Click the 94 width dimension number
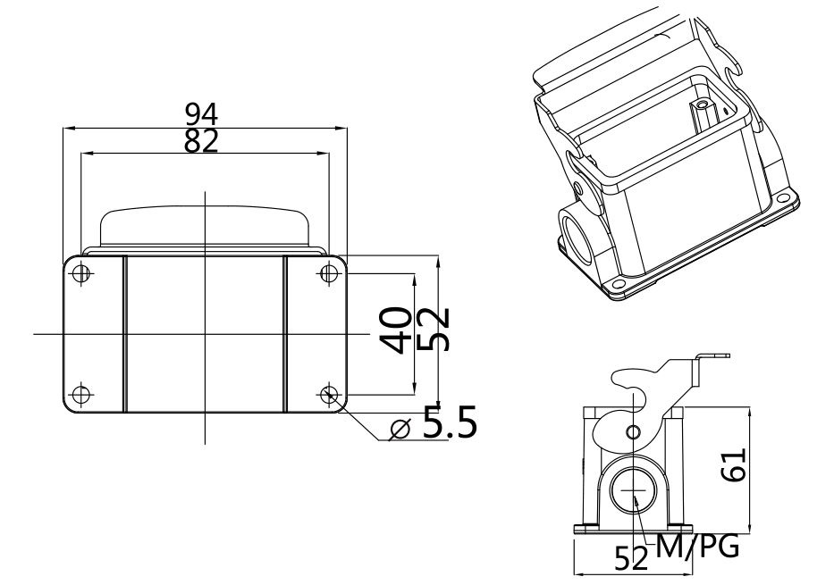pos(202,113)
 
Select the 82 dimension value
pos(202,140)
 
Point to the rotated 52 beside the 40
pos(433,330)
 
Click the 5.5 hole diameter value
pos(449,426)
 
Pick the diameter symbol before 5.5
pos(400,430)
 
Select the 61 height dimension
pos(734,464)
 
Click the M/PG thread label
pos(697,546)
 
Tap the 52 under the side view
pos(631,558)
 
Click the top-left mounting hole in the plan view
pos(81,272)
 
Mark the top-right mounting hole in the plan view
pos(327,272)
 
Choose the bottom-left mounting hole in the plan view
pos(81,394)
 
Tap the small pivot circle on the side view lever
pos(633,433)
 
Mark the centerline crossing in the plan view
pos(205,334)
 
